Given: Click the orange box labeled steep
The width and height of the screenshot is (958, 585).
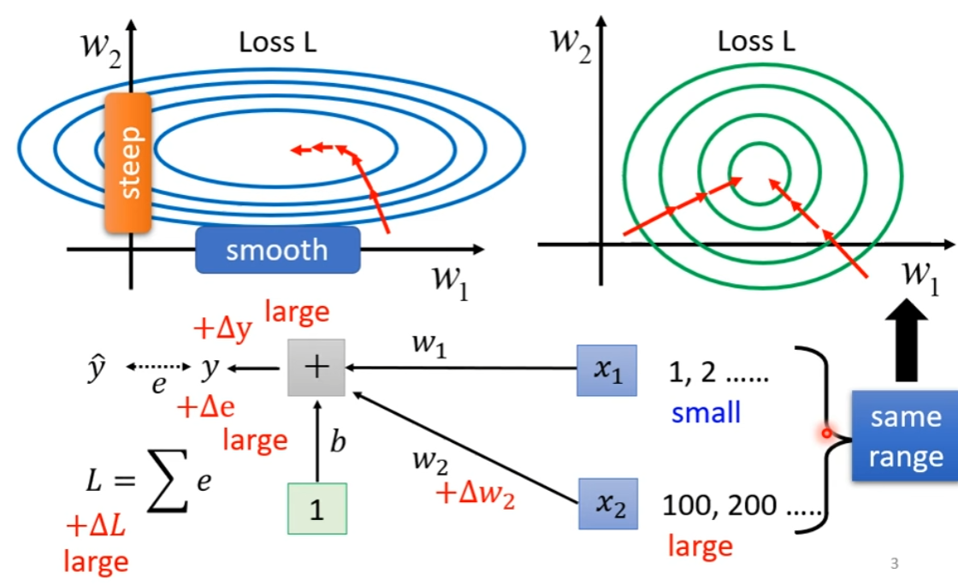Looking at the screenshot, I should pos(128,162).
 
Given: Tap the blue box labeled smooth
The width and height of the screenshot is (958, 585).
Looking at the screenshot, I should pos(276,250).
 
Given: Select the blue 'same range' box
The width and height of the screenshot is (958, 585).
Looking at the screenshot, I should pos(905,435).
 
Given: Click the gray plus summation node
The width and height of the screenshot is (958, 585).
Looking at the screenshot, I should pos(316,368).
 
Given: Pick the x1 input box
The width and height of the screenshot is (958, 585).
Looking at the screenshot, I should pos(607,369).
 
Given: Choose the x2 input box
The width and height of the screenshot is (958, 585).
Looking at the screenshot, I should pos(607,505).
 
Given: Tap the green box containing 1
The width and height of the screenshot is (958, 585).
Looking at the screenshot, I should pos(316,509).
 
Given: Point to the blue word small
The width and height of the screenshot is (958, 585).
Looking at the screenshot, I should pos(706,413).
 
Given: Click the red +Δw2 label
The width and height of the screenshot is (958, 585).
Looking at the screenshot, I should pos(475,494).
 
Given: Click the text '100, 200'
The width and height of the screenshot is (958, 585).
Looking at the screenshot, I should pos(719,505).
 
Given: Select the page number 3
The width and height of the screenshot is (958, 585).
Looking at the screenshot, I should pos(895,563).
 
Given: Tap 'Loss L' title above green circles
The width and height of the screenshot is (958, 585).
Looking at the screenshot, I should pos(756,42).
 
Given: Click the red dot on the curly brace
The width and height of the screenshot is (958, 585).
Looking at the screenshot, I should pos(826,434).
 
